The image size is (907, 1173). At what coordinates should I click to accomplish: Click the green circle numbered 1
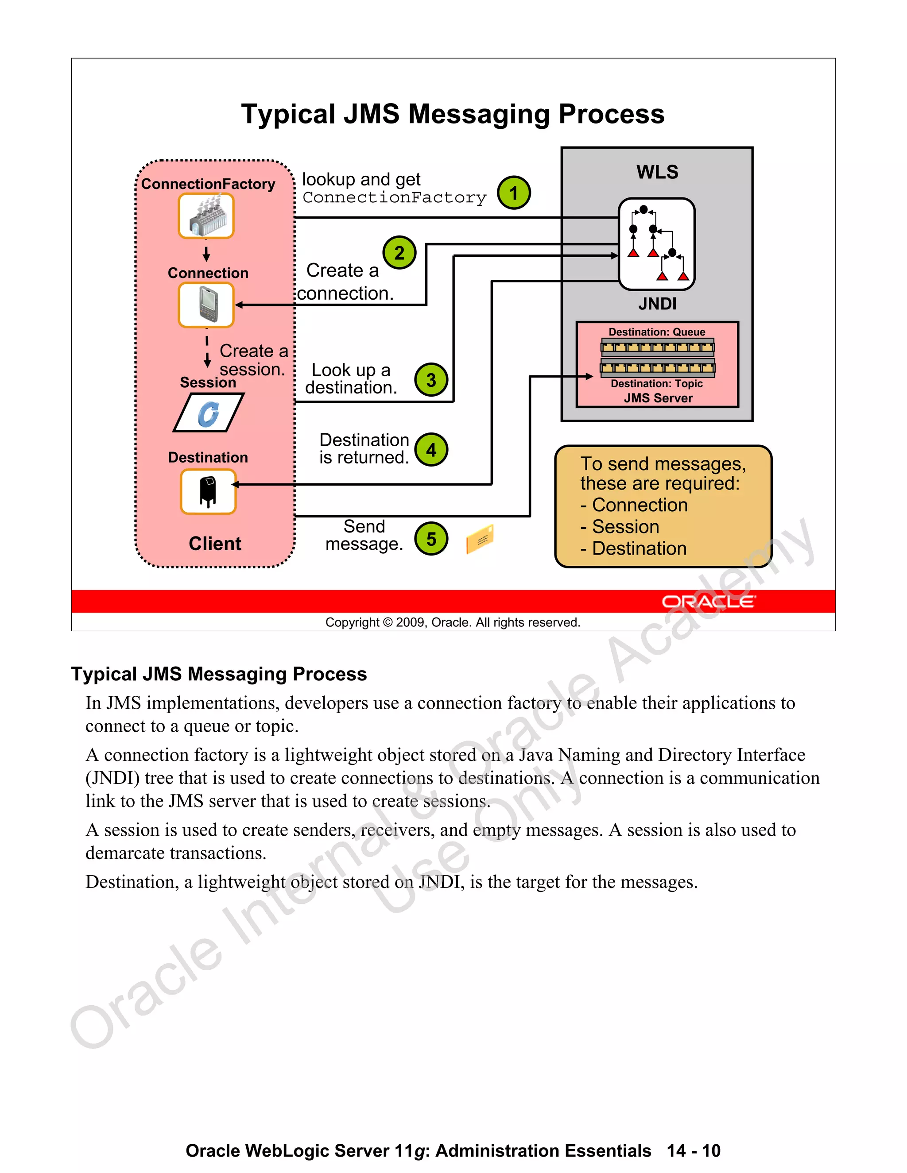pyautogui.click(x=513, y=193)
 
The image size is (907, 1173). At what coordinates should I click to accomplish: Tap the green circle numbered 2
pyautogui.click(x=399, y=252)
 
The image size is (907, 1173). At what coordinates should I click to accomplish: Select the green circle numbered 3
pyautogui.click(x=431, y=380)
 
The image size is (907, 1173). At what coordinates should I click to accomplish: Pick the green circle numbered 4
pyautogui.click(x=431, y=450)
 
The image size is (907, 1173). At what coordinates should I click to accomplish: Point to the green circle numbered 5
pyautogui.click(x=431, y=539)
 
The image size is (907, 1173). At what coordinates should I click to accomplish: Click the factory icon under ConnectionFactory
pyautogui.click(x=206, y=216)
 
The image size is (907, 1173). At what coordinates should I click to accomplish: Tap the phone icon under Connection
pyautogui.click(x=206, y=305)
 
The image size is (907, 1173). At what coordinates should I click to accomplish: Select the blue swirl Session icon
pyautogui.click(x=209, y=413)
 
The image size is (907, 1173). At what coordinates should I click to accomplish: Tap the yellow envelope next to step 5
pyautogui.click(x=480, y=539)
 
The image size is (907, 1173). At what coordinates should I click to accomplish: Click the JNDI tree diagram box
pyautogui.click(x=657, y=244)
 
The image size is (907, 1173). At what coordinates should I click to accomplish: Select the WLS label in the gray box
pyautogui.click(x=657, y=172)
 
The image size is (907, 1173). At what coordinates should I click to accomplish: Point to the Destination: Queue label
pyautogui.click(x=657, y=332)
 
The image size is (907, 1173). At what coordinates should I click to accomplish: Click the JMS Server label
pyautogui.click(x=658, y=398)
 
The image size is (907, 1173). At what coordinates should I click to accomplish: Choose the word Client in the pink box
pyautogui.click(x=215, y=544)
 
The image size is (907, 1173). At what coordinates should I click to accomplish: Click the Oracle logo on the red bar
pyautogui.click(x=708, y=602)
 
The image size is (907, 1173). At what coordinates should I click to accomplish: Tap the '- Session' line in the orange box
pyautogui.click(x=620, y=527)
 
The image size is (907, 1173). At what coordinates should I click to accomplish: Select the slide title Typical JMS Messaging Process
pyautogui.click(x=453, y=114)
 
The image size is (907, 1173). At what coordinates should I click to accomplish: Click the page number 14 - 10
pyautogui.click(x=693, y=1150)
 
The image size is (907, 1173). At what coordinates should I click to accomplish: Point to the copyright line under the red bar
pyautogui.click(x=453, y=622)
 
